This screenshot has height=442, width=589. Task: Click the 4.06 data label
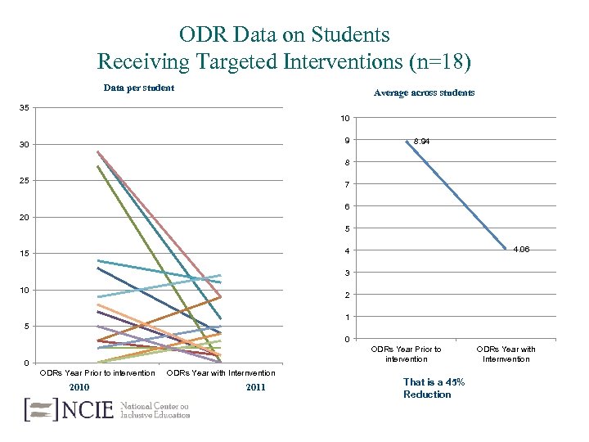click(x=521, y=250)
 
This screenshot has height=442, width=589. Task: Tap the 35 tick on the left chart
click(x=27, y=108)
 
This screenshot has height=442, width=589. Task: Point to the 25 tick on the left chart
click(x=27, y=181)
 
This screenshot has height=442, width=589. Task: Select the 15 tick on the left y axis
click(x=27, y=254)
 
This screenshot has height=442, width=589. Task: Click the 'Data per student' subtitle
click(x=138, y=88)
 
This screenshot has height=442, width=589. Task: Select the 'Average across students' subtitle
click(x=424, y=92)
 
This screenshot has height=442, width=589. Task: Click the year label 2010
click(x=79, y=387)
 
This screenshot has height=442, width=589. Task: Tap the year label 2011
click(x=255, y=387)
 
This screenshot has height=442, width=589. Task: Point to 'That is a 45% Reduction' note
click(x=434, y=388)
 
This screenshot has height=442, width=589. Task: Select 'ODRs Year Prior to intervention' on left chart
click(x=98, y=373)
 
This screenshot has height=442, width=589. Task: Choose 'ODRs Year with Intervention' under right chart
click(x=506, y=354)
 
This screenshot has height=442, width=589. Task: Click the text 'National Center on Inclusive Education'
click(x=155, y=409)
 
